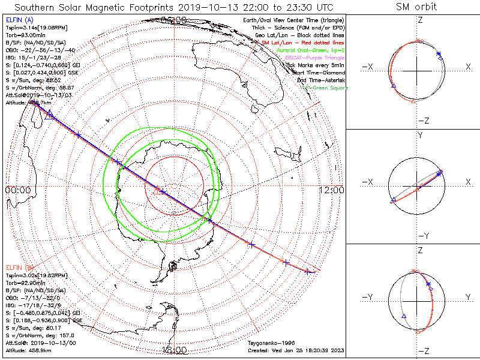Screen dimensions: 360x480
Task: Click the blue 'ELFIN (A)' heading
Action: pos(19,20)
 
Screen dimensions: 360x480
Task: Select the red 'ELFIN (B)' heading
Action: pos(19,267)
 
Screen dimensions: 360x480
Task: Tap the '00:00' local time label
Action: pos(17,190)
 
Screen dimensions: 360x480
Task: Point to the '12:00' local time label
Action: pos(332,190)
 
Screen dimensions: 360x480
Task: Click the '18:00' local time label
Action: pos(174,350)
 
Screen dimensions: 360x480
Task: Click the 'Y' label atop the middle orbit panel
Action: pos(419,136)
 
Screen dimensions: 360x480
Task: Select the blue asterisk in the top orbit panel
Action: pos(440,55)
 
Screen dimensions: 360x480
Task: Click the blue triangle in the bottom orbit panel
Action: pos(404,316)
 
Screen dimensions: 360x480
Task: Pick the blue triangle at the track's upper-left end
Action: pos(49,114)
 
